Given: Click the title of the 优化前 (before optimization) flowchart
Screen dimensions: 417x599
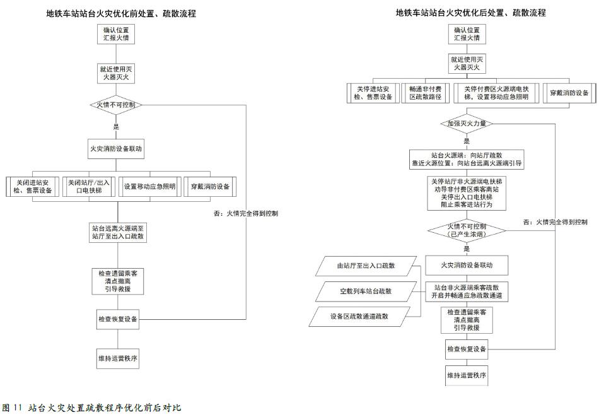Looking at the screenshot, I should coord(121,13).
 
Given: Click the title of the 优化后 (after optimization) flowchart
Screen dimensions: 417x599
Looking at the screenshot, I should coord(470,12).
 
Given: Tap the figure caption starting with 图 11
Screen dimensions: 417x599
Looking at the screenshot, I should coord(92,408).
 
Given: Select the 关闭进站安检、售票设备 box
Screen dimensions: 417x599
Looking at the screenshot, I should coord(34,187).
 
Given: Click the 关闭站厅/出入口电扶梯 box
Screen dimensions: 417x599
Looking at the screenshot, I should coord(90,187).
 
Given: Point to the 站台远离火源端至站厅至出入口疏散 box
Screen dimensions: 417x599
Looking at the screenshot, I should coord(117,232).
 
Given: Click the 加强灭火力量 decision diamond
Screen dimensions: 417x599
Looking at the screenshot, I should coord(467,124).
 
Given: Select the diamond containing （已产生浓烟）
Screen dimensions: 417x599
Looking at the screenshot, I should coord(467,230).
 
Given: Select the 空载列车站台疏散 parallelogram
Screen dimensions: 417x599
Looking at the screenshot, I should coord(366,291).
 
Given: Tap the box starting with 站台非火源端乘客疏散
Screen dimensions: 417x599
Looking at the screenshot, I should coord(467,291).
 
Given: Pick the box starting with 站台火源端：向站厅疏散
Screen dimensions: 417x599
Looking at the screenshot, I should coord(467,158).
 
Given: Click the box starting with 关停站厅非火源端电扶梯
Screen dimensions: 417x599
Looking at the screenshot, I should coord(467,192).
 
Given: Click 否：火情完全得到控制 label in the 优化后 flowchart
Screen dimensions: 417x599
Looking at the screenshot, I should coord(555,222).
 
